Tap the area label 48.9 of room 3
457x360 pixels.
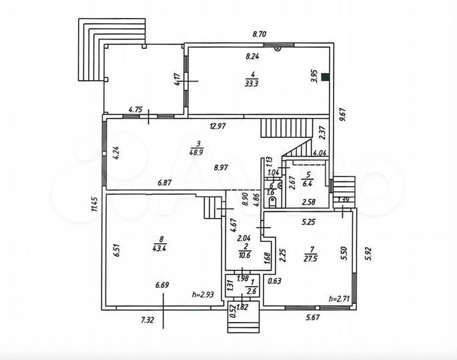197,152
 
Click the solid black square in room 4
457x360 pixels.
324,77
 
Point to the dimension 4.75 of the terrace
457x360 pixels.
136,109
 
